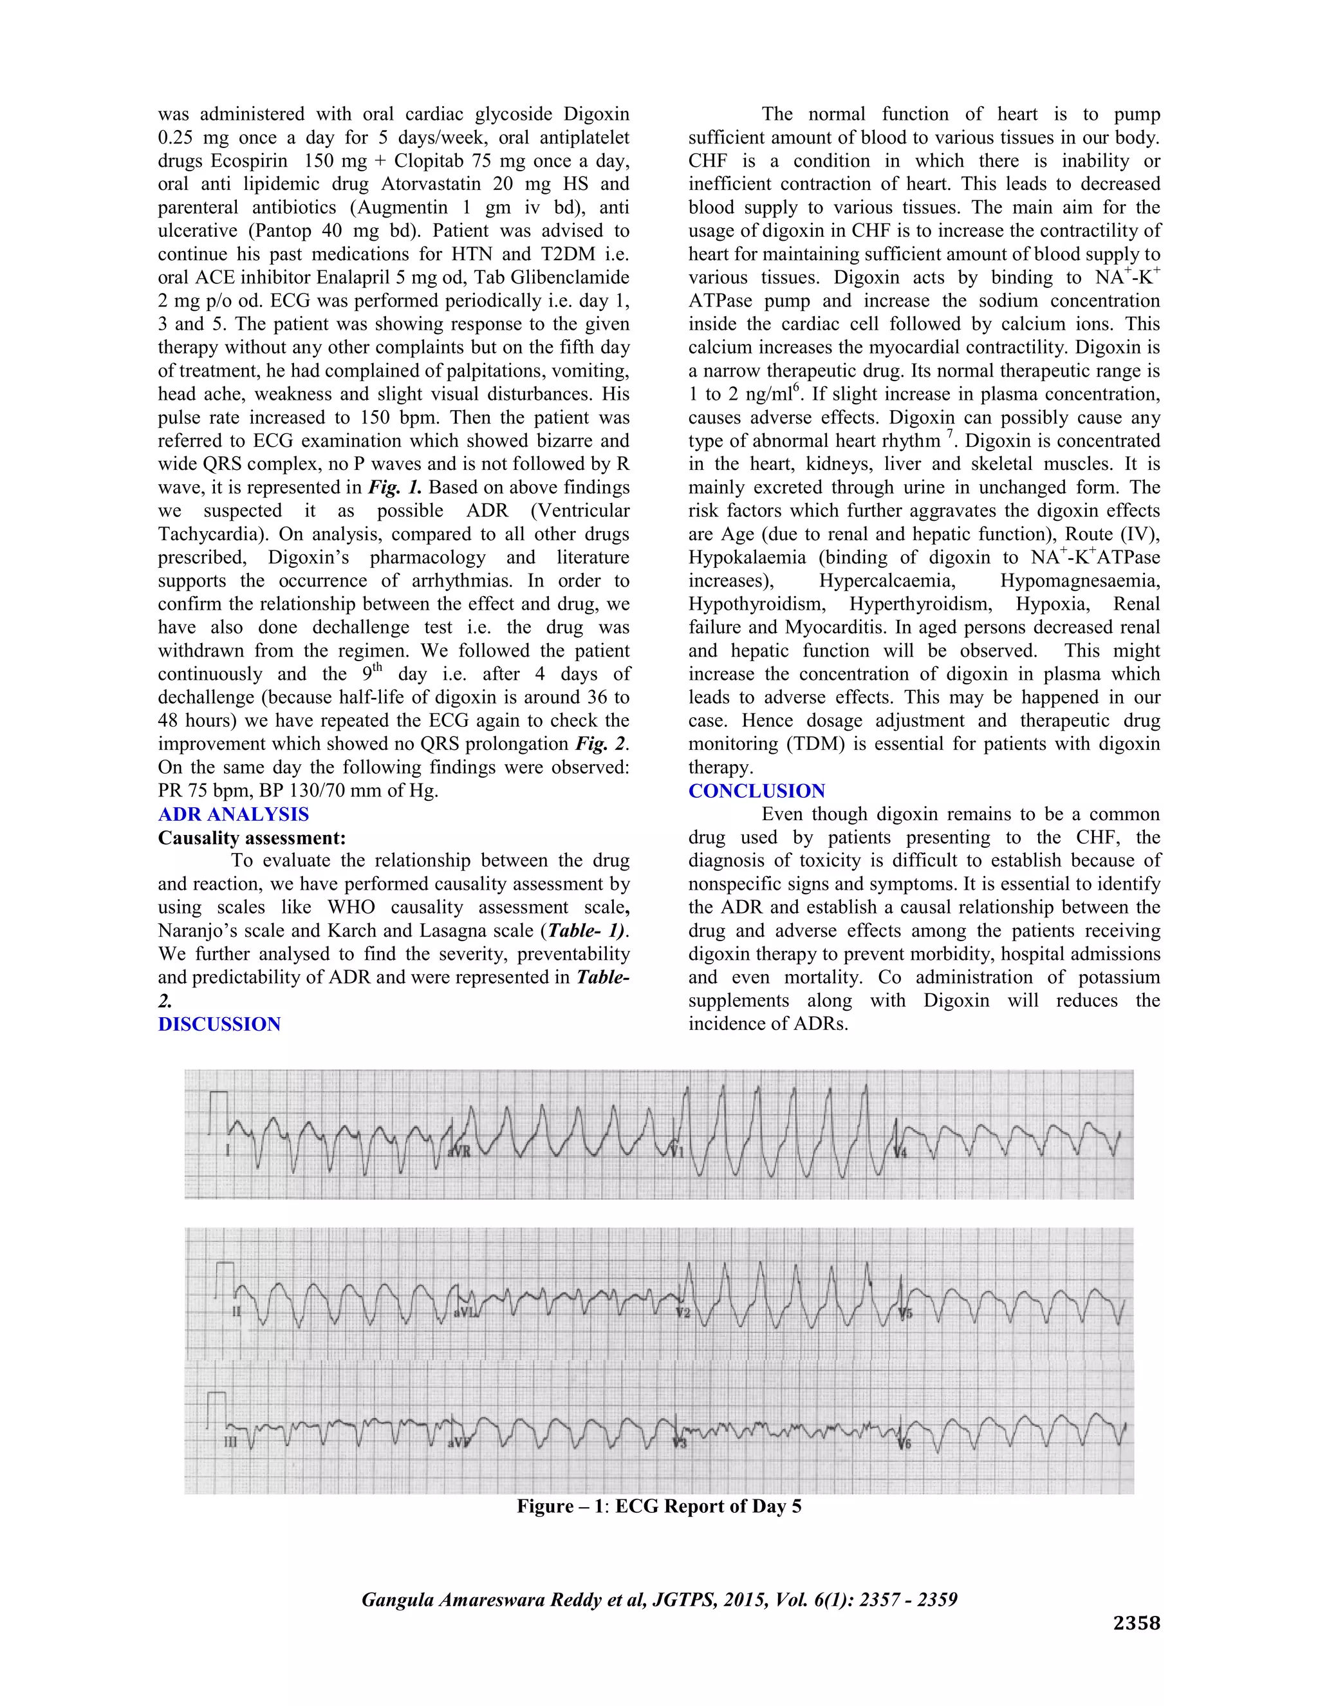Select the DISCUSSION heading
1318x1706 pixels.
pyautogui.click(x=219, y=1024)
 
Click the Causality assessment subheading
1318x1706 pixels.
pyautogui.click(x=252, y=838)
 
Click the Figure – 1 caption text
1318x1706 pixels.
pyautogui.click(x=658, y=1505)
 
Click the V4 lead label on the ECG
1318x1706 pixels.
pyautogui.click(x=900, y=1152)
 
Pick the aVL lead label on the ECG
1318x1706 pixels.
pyautogui.click(x=465, y=1311)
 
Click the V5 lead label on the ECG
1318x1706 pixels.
pyautogui.click(x=905, y=1313)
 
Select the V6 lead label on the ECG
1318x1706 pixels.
pyautogui.click(x=905, y=1443)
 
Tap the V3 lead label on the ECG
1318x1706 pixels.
pyautogui.click(x=680, y=1443)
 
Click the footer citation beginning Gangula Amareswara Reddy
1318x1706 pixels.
pyautogui.click(x=658, y=1599)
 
